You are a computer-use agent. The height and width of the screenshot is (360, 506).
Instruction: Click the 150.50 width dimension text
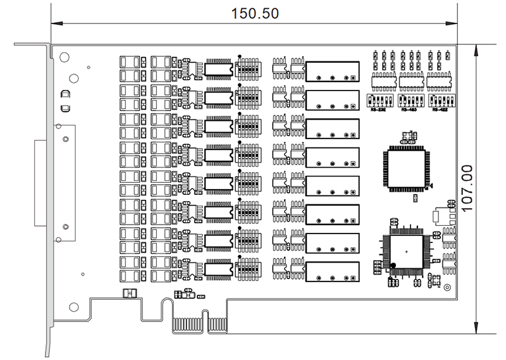[255, 13]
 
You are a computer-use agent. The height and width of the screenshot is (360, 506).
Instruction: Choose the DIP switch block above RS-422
[441, 100]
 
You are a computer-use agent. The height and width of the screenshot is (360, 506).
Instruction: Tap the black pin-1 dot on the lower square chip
[393, 265]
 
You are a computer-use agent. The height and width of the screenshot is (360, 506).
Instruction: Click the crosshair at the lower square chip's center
[406, 252]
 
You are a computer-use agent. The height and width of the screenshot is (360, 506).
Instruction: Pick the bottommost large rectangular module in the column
[333, 272]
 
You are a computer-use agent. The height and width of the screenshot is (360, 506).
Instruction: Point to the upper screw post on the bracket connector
[63, 135]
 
